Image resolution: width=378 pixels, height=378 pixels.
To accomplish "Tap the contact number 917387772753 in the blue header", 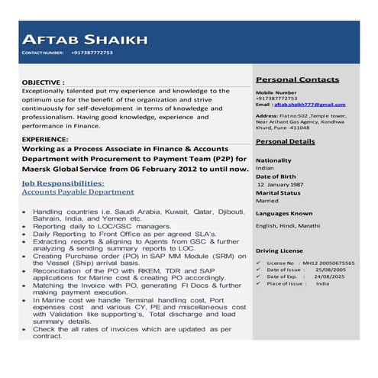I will click(92, 53).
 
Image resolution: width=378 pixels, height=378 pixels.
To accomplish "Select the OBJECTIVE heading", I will click(44, 81).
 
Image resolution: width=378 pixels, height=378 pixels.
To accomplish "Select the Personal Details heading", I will click(285, 142).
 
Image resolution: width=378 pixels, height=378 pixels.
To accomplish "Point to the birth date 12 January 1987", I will click(280, 185).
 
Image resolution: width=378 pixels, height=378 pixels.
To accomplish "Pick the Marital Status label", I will click(278, 193).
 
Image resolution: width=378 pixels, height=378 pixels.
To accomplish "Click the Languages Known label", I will click(283, 213).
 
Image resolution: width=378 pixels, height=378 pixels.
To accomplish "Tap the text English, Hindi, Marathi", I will click(288, 226).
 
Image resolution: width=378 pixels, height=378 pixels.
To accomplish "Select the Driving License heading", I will click(279, 250).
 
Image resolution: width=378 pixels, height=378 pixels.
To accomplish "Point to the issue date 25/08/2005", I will click(331, 270).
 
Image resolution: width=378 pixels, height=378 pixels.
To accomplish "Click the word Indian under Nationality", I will click(264, 168).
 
